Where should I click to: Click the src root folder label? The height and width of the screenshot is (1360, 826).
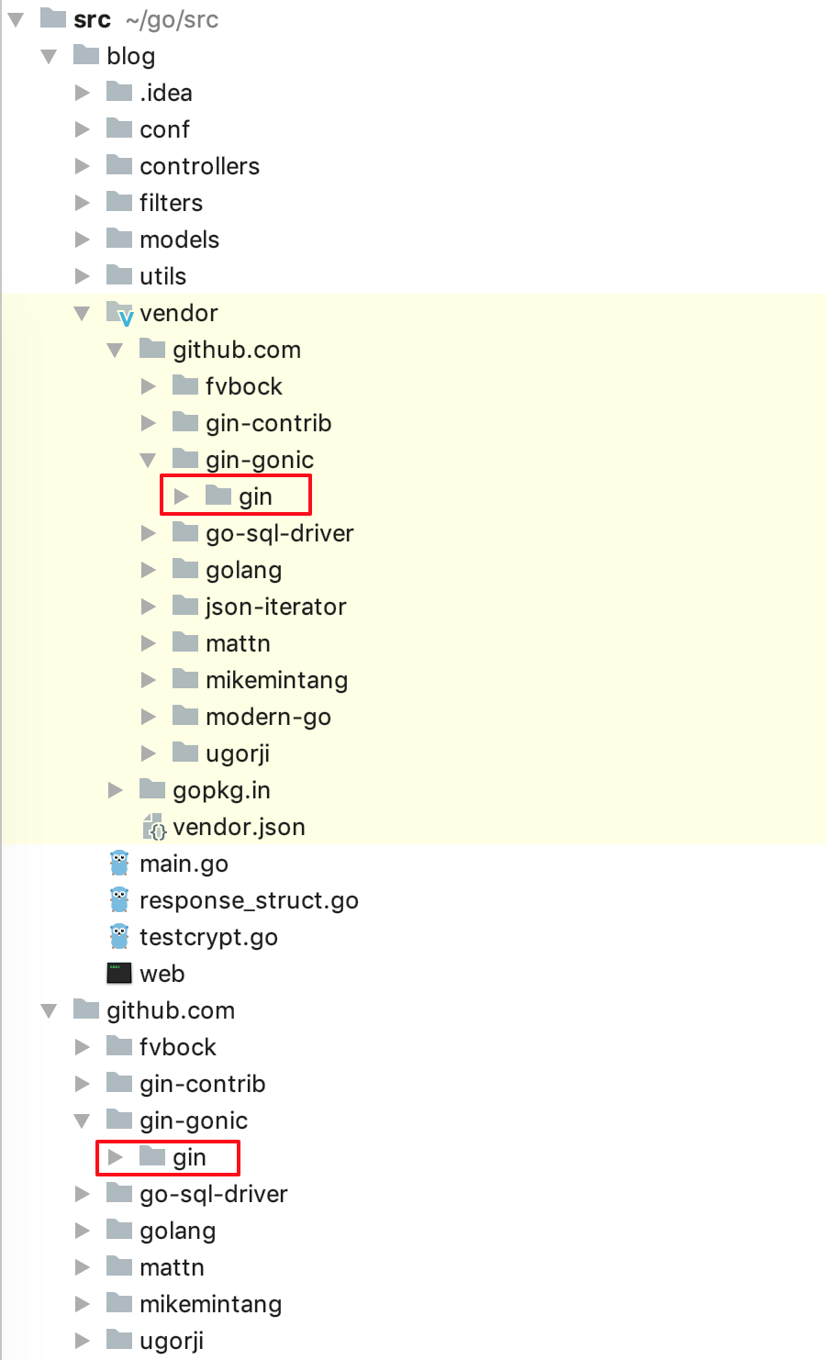coord(92,19)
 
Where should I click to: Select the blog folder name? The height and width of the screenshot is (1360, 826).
coord(130,56)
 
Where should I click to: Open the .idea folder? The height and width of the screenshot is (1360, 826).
coord(165,93)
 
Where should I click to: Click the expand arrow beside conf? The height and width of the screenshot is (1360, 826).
coord(83,129)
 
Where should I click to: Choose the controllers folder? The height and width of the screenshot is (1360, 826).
coord(199,166)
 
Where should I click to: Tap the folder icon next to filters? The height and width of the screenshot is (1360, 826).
coord(119,202)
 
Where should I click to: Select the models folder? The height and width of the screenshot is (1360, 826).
coord(179,240)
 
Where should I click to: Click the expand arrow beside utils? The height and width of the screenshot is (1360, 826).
coord(83,276)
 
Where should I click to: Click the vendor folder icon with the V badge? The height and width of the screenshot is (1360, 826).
coord(120,313)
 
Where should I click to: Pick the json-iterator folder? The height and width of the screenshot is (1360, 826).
coord(275,607)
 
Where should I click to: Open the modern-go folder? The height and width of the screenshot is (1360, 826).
coord(268,717)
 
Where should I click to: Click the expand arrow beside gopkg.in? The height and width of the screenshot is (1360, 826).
coord(116,790)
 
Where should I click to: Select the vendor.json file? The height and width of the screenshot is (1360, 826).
coord(239,827)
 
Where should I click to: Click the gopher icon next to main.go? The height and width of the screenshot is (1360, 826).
coord(119,863)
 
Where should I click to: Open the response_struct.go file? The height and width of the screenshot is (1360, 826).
coord(249,900)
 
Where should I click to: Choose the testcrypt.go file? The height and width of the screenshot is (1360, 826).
coord(208,937)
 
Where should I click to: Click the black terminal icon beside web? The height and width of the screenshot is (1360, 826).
coord(119,973)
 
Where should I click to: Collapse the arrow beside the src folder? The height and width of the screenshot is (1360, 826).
coord(17,19)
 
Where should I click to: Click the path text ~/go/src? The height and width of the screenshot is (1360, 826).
coord(172,19)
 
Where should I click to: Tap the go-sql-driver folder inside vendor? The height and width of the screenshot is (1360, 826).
coord(279,533)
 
